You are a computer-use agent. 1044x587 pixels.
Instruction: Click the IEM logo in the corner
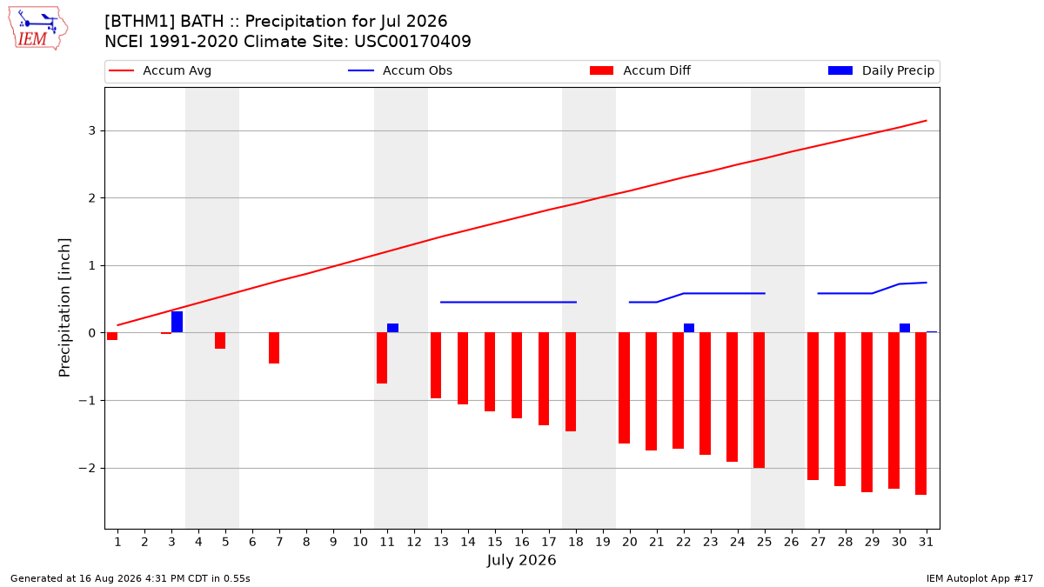tap(38, 29)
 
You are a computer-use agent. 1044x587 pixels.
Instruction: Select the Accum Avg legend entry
tap(160, 70)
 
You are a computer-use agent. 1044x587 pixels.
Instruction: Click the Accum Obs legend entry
tap(400, 70)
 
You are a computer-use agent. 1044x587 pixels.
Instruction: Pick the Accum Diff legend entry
tap(640, 70)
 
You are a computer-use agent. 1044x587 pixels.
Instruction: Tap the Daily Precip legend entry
tap(880, 70)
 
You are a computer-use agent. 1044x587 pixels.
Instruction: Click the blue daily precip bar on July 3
tap(177, 322)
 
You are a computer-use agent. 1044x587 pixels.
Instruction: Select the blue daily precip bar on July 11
tap(393, 328)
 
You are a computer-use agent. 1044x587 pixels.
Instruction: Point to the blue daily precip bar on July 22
tap(689, 328)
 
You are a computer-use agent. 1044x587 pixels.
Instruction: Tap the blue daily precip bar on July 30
tap(905, 328)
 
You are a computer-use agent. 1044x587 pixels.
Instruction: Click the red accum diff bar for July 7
tap(274, 348)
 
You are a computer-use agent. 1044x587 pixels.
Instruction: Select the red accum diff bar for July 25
tap(759, 400)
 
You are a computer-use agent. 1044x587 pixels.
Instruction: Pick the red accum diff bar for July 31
tap(921, 414)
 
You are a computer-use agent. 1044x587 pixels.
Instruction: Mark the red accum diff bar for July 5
tap(220, 341)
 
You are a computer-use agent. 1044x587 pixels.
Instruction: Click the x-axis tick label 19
tap(603, 543)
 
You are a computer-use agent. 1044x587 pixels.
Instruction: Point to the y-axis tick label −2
tap(87, 468)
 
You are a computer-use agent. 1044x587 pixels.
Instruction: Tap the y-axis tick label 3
tap(92, 131)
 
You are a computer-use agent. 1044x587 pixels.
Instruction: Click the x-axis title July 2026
tap(521, 560)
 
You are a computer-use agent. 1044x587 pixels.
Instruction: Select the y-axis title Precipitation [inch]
tap(64, 308)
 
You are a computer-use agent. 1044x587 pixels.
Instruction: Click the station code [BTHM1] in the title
tap(140, 22)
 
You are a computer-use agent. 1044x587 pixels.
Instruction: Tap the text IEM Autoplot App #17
tap(980, 578)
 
